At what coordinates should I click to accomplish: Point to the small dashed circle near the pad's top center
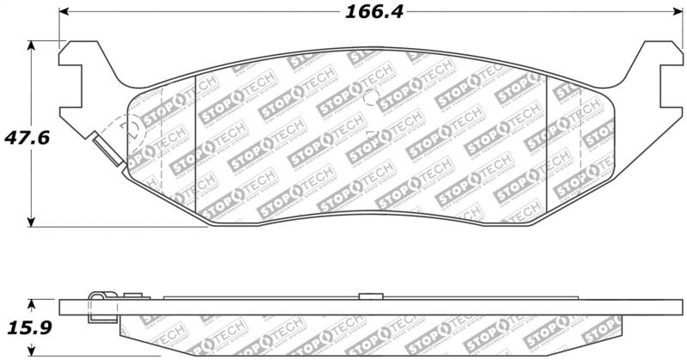point(371,97)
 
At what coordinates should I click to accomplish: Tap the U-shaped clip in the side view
point(100,305)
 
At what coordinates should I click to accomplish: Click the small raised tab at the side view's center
point(370,296)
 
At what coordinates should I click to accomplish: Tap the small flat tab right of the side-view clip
point(131,296)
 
